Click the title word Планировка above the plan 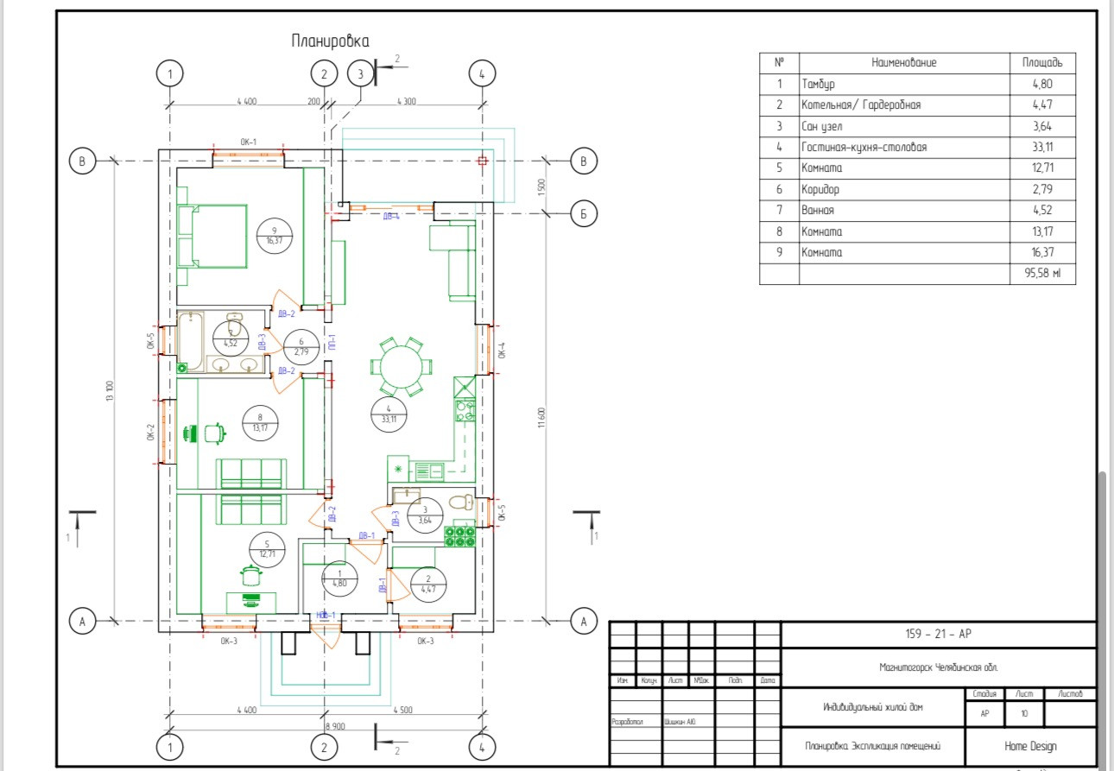330,41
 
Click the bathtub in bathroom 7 190,340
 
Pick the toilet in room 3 462,502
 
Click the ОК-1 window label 249,142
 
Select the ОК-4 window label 502,351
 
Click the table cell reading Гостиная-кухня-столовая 864,148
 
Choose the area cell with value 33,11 1041,148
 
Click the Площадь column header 1042,63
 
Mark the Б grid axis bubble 584,213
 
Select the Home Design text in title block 1030,746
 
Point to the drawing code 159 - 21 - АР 938,635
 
